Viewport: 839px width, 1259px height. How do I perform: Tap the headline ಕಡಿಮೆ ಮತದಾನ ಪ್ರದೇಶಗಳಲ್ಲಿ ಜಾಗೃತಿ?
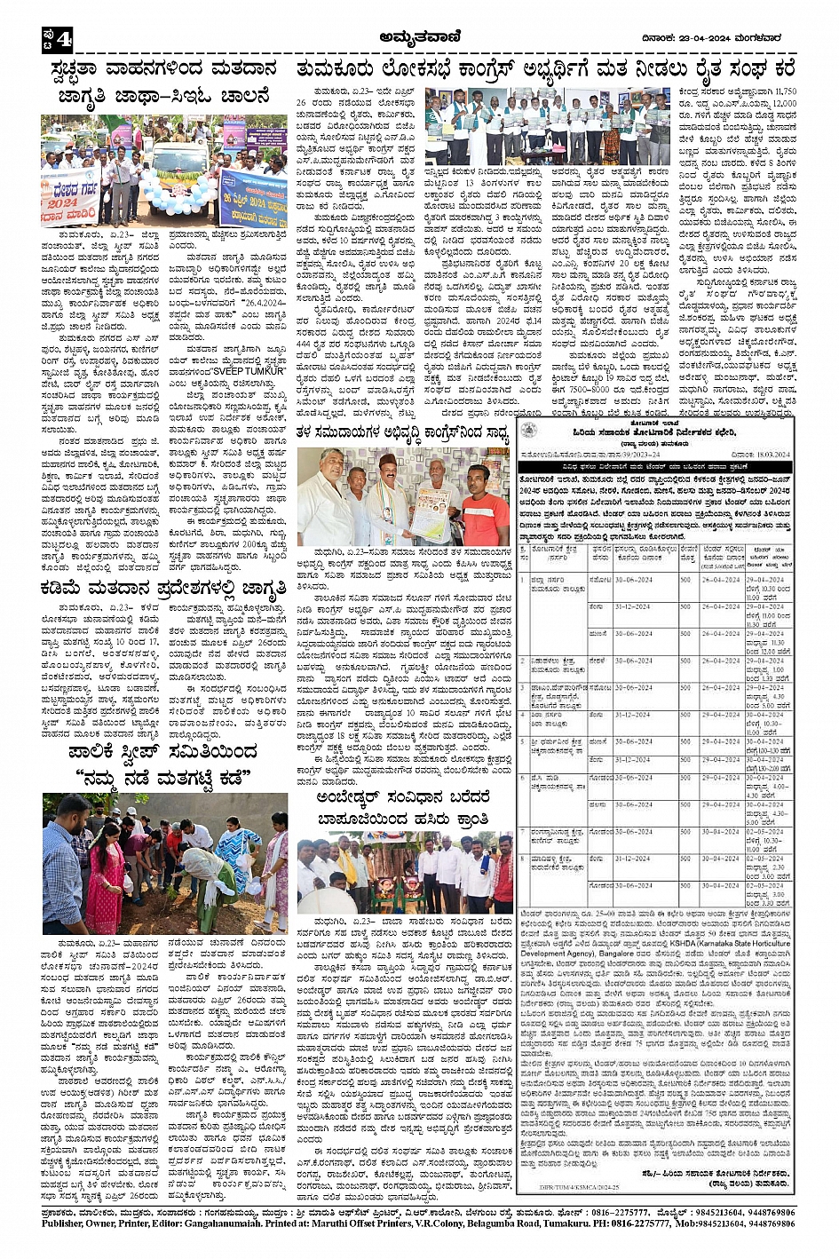click(163, 588)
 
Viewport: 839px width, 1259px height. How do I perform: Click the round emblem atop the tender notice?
click(531, 428)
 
